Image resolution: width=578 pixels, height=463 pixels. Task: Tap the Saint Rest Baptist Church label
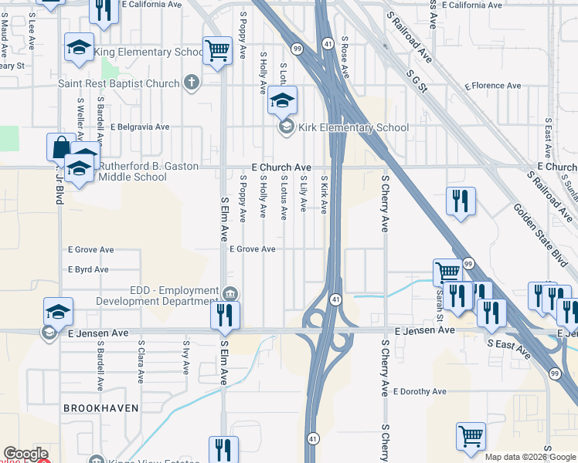119,83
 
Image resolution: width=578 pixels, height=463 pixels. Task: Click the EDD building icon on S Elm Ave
229,294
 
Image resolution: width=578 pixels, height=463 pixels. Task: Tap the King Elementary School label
149,52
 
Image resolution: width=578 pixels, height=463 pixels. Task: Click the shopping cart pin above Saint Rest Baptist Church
217,52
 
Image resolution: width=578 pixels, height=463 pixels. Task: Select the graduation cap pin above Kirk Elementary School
283,100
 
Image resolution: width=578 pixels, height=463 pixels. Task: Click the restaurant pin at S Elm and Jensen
225,314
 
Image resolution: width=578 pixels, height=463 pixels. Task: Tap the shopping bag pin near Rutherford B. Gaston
60,147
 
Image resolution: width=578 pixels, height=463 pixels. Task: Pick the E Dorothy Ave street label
419,391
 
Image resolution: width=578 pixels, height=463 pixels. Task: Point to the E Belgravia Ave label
140,127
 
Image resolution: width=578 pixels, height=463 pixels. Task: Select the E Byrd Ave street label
87,269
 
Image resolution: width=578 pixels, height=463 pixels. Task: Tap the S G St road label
413,80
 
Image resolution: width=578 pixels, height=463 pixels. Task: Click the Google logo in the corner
25,454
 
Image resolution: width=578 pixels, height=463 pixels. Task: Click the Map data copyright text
530,457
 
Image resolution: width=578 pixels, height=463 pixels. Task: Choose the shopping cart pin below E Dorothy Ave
471,435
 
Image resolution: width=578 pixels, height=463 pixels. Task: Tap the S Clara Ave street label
141,362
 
